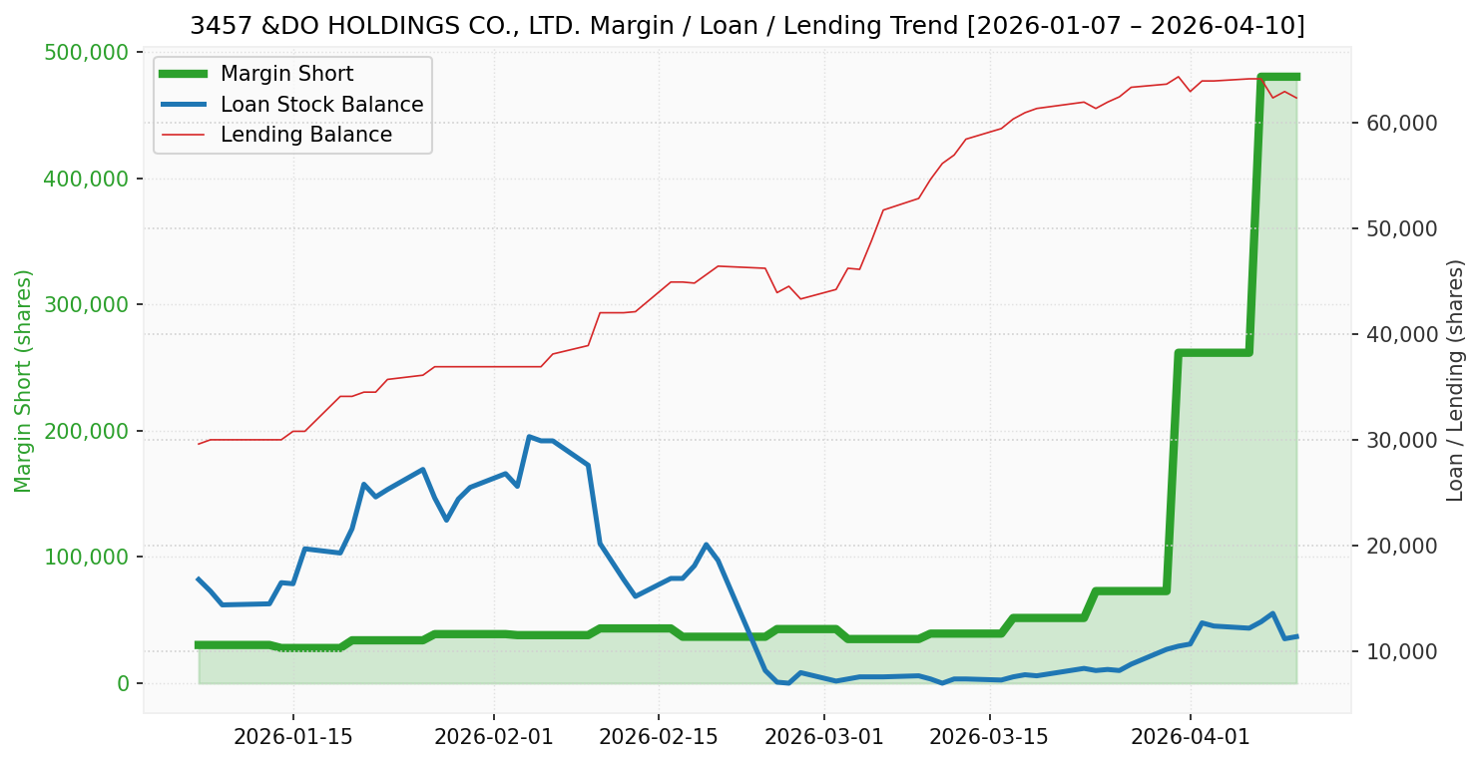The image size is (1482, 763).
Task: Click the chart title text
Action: [746, 26]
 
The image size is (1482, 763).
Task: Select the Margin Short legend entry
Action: [286, 74]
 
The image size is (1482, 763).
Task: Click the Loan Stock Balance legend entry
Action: [321, 105]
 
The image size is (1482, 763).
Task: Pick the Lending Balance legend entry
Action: [305, 135]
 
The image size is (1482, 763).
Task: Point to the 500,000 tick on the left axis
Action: [88, 52]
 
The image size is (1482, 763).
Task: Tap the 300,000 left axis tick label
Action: [88, 304]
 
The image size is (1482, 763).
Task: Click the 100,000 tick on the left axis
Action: [88, 557]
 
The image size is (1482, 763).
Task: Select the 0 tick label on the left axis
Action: [124, 683]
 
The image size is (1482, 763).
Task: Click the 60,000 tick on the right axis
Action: [1394, 123]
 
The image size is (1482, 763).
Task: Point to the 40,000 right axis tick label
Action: [1394, 334]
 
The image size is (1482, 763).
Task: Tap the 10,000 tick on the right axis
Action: [1394, 651]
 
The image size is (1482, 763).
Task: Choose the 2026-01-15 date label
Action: [292, 736]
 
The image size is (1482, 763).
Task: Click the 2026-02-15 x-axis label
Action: [658, 736]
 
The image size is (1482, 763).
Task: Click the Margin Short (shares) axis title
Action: [23, 380]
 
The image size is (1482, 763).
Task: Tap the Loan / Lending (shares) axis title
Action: [1456, 380]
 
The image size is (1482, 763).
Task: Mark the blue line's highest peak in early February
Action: [529, 436]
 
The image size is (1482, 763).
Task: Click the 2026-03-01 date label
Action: [824, 736]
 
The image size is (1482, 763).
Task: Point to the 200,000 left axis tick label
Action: [88, 431]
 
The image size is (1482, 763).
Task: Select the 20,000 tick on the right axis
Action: [1394, 546]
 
